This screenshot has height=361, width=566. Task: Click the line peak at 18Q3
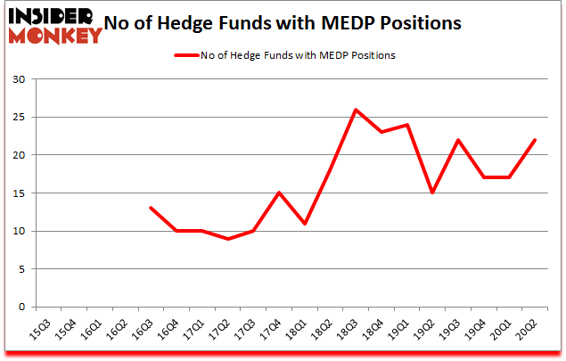pos(356,110)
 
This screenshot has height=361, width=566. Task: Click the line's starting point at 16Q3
pos(151,208)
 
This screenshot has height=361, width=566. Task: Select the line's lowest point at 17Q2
pos(227,239)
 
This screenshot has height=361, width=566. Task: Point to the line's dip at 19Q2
pos(432,193)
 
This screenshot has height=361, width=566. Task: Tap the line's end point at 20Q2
pos(535,140)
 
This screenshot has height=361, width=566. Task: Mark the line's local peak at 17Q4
pos(279,193)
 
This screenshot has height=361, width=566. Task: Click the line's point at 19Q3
pos(458,140)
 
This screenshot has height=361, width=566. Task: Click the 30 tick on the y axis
pos(20,79)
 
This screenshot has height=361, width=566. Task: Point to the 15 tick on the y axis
pos(20,193)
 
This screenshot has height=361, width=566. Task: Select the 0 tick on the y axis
pos(23,308)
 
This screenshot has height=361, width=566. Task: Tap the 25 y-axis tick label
pos(20,118)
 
